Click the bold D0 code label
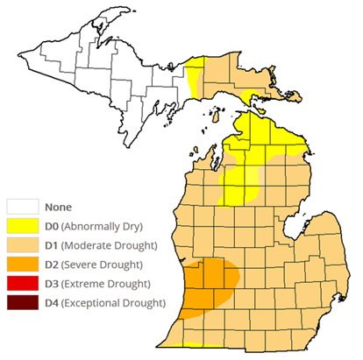pos(53,227)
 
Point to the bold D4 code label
pos(53,304)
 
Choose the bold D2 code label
pos(53,265)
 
